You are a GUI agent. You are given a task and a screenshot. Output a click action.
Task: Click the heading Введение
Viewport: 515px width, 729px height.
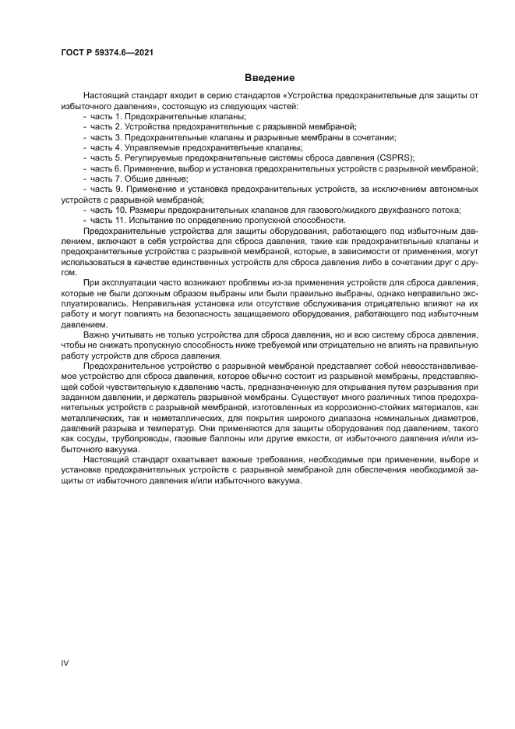point(270,78)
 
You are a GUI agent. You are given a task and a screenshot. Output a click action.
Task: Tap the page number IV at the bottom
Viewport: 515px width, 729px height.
point(65,662)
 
